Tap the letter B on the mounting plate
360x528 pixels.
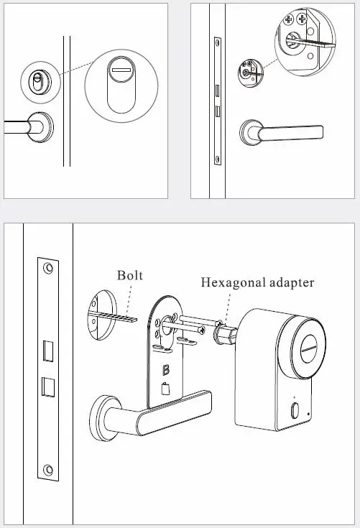(167, 371)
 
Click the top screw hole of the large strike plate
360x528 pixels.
(48, 268)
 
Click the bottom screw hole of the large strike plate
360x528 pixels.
(48, 471)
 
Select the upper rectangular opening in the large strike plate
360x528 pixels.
(48, 350)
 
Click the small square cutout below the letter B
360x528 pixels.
(167, 392)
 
